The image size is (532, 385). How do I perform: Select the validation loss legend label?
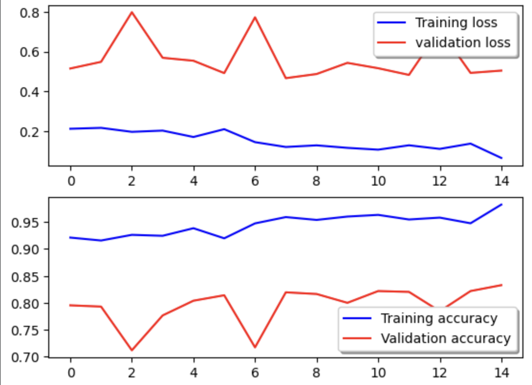pos(462,42)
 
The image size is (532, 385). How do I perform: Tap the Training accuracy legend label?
pos(438,318)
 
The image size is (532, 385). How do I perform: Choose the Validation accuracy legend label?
pos(445,338)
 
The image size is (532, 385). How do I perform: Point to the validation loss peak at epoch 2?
pos(132,12)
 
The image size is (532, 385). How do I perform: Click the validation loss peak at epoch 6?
pos(255,17)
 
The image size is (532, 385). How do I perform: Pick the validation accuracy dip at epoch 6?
pos(255,347)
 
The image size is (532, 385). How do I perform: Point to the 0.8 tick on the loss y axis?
pos(29,12)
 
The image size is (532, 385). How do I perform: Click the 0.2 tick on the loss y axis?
pos(29,132)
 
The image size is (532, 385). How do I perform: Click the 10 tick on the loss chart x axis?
pos(378,181)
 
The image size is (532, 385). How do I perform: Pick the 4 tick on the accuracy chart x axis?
pos(194,372)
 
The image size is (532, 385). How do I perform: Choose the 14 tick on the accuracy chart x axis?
pos(502,372)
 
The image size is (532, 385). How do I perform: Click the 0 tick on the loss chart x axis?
pos(70,181)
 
